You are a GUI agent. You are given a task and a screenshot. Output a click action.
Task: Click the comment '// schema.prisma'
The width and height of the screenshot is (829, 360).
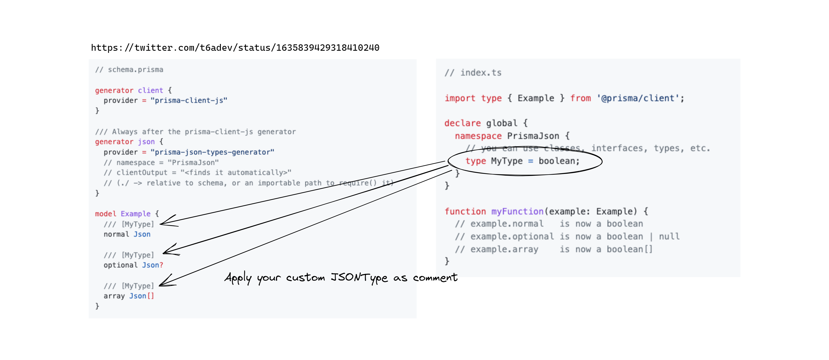coord(129,70)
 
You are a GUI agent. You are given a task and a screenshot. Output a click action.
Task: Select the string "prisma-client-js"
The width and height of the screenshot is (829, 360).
coord(189,100)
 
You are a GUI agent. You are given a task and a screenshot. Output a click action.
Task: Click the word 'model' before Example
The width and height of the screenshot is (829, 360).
coord(106,214)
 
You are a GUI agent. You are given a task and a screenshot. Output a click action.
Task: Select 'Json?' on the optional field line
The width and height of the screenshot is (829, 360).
coord(153,265)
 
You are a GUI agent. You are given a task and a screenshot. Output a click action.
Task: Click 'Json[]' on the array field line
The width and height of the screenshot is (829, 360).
coord(142,296)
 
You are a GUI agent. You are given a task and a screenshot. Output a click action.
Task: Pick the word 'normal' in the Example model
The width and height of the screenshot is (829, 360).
coord(116,234)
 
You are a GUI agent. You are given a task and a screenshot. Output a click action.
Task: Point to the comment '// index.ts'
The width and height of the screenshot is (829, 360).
coord(473,73)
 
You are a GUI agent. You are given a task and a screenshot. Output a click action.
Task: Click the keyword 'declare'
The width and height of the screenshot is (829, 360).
coord(463,123)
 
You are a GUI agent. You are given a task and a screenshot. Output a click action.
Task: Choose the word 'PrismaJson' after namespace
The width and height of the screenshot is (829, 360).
coord(533,136)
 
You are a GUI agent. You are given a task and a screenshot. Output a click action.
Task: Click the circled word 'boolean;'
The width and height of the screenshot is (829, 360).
coord(559,161)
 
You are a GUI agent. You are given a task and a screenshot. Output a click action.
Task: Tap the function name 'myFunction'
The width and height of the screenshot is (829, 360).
coord(517,211)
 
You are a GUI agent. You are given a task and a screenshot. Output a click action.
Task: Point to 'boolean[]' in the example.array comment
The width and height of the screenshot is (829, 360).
coord(629,249)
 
